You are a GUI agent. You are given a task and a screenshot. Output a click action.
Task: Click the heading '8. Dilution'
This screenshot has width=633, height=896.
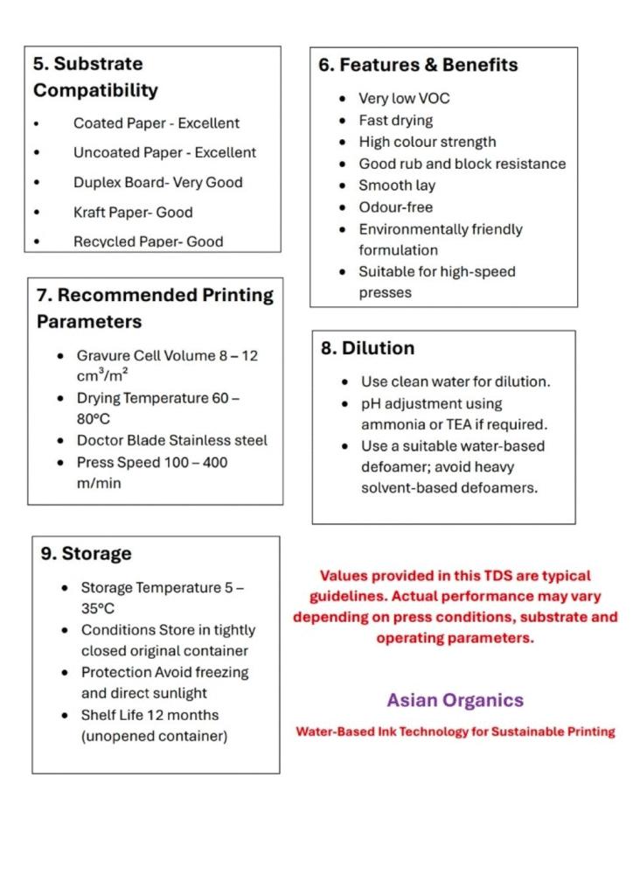[x=367, y=348]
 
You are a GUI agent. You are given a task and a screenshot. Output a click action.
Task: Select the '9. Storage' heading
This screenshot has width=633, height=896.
[x=86, y=554]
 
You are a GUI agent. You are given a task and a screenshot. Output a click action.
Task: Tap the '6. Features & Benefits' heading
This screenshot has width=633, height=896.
[x=418, y=65]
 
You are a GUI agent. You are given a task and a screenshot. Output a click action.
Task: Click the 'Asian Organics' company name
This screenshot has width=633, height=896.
[x=456, y=700]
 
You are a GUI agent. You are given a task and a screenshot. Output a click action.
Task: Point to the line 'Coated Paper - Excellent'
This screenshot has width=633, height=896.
[x=156, y=123]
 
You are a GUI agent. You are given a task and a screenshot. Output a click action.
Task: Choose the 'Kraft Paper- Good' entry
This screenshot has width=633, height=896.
[x=133, y=212]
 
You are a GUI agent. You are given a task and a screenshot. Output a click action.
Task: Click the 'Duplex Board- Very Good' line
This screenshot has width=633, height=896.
[x=157, y=182]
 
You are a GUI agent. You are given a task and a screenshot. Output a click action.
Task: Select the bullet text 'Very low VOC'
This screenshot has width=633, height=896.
[x=404, y=99]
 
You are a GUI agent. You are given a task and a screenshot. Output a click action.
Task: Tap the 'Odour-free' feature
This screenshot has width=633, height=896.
[x=395, y=207]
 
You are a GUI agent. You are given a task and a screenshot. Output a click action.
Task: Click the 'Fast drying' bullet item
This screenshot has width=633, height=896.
[x=395, y=121]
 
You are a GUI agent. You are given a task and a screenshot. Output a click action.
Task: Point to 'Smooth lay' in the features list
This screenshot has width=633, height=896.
[x=396, y=185]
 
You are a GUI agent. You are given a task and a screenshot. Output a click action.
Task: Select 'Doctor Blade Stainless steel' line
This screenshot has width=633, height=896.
[x=171, y=440]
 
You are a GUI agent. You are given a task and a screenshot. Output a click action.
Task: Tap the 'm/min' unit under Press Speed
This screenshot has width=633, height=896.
[x=99, y=483]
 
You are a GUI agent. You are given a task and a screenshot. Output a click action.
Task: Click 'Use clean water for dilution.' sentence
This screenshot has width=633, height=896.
[x=456, y=382]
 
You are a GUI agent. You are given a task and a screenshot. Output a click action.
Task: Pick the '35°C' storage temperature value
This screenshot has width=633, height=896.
[x=98, y=609]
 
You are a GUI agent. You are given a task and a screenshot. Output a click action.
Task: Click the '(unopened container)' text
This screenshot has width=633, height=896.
[x=154, y=736]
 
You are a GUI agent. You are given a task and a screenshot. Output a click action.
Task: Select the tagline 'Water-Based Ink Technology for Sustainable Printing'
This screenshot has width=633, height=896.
[x=456, y=731]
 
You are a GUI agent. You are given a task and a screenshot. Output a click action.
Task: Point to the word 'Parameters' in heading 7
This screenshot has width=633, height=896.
[x=88, y=322]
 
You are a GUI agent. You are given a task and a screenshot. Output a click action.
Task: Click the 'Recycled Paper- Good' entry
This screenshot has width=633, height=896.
[x=148, y=241]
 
